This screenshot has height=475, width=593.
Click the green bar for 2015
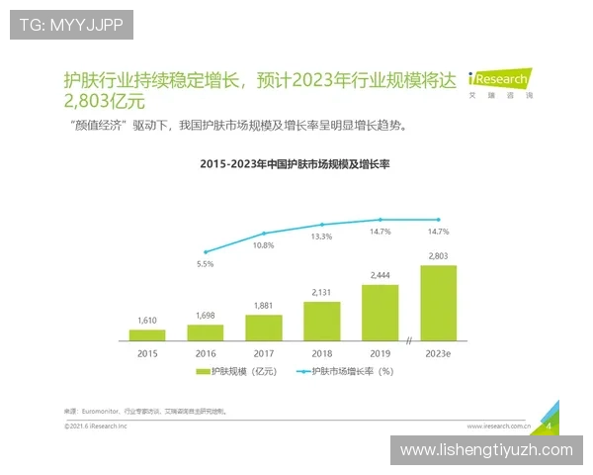[x=146, y=334]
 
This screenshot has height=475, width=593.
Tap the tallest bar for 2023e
[x=438, y=303]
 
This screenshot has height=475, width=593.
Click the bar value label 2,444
[x=381, y=274]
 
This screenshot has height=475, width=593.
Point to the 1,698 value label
[x=206, y=315]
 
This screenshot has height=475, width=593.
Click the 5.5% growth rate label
[x=206, y=264]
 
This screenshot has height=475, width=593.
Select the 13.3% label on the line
[x=321, y=237]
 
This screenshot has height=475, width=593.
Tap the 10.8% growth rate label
[x=263, y=244]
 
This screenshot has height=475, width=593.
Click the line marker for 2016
[x=206, y=252]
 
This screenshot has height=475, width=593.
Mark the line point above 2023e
[x=438, y=220]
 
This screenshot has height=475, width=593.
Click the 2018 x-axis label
[x=321, y=352]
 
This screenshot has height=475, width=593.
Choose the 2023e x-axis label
[x=438, y=352]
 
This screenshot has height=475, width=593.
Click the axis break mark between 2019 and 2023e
[x=408, y=341]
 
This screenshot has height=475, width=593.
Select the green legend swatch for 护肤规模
[x=205, y=372]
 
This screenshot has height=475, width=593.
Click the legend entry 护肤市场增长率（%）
[x=352, y=372]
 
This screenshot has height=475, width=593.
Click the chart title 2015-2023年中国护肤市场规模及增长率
[x=296, y=163]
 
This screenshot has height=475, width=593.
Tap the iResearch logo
[x=500, y=81]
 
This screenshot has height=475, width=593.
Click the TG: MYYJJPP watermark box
[x=71, y=25]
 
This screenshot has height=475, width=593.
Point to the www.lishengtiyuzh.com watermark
[x=486, y=450]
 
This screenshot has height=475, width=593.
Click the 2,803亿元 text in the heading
[x=104, y=101]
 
